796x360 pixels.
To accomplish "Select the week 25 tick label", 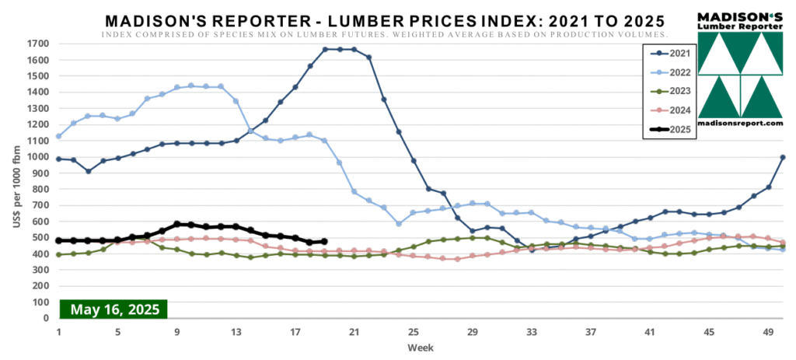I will (x=414, y=330).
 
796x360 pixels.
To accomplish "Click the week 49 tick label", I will (x=769, y=330).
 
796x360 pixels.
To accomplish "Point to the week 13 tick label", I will (x=236, y=330).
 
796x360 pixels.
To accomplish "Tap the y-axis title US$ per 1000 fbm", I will (x=16, y=180).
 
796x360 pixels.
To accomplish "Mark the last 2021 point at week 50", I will (x=783, y=158).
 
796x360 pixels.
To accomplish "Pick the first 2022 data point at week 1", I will (x=59, y=136).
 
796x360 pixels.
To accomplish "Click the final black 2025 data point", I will (x=324, y=242).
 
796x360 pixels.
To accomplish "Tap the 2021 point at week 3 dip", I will (x=89, y=171).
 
